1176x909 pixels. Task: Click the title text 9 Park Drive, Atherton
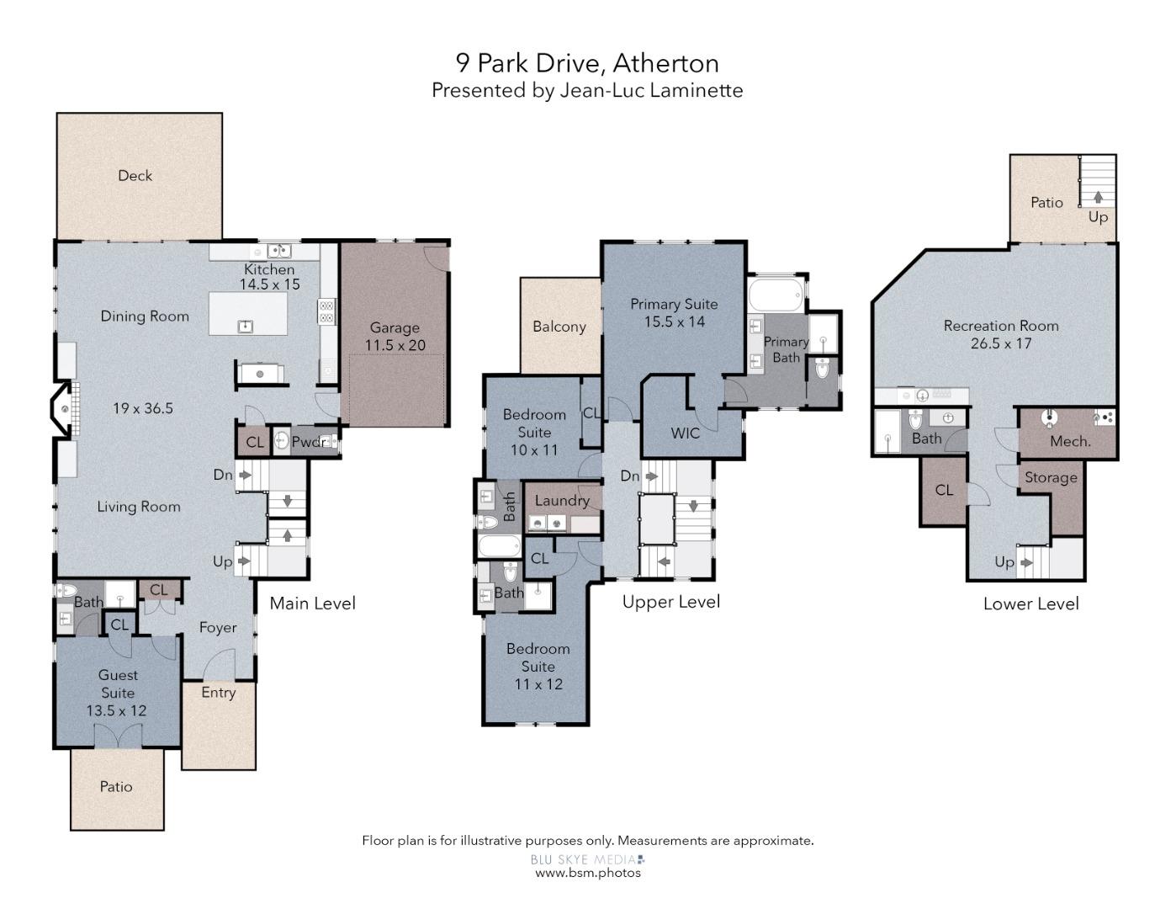click(x=587, y=63)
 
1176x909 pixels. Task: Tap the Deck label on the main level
click(x=135, y=175)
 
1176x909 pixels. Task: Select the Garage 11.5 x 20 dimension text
click(x=395, y=345)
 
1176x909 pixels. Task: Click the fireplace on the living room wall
click(x=65, y=409)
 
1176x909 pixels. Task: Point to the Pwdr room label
click(x=309, y=442)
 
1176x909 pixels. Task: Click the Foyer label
click(x=218, y=627)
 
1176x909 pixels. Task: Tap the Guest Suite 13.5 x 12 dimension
click(x=116, y=710)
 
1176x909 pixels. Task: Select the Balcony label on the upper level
click(x=559, y=327)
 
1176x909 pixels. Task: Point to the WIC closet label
click(x=685, y=433)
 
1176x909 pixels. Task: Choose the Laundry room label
click(x=562, y=500)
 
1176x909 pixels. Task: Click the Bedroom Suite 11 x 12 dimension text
click(x=538, y=683)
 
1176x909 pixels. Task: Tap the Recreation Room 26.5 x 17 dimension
click(x=1000, y=343)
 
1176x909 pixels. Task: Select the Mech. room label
click(x=1070, y=441)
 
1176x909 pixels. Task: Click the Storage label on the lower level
click(x=1051, y=477)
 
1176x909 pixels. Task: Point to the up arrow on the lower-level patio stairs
click(x=1098, y=196)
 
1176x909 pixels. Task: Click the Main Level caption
click(x=312, y=603)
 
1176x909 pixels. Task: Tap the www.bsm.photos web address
click(x=587, y=873)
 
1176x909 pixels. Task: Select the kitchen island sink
click(x=246, y=326)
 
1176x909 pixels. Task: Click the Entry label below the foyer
click(x=218, y=692)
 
